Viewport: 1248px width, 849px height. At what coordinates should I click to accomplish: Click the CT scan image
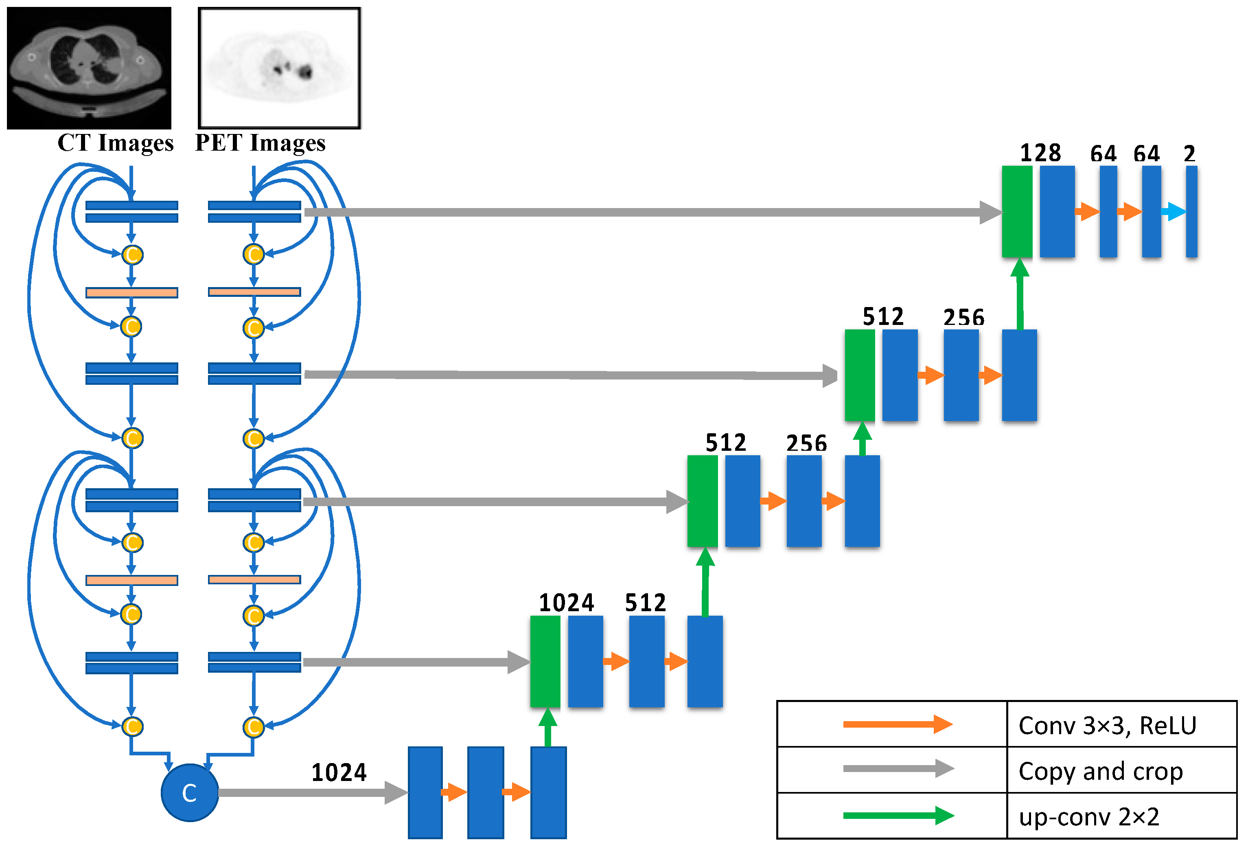(89, 68)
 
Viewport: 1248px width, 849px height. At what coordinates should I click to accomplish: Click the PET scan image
(279, 68)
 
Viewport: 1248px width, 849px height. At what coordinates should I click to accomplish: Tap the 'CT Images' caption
(116, 143)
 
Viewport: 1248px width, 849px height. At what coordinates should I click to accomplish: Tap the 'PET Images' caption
(260, 143)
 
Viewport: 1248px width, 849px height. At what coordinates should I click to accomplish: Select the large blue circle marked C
(190, 792)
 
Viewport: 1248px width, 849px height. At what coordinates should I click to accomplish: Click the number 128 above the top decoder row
(1040, 153)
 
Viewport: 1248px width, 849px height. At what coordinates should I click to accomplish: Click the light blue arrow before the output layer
(1174, 212)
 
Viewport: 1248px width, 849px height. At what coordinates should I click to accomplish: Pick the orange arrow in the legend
(898, 724)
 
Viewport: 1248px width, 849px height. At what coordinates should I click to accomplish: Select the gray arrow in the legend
(898, 768)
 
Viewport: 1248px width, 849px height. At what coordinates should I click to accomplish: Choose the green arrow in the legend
(898, 815)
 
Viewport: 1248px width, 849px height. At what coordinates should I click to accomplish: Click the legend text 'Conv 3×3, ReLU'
(1107, 725)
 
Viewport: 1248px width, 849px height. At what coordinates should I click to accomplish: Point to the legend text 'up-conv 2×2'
(1089, 817)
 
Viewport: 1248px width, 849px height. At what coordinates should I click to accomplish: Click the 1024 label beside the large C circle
(339, 773)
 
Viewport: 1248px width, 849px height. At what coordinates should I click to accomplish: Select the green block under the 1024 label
(545, 661)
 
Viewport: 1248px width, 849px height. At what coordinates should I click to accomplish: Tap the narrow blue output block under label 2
(1191, 212)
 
